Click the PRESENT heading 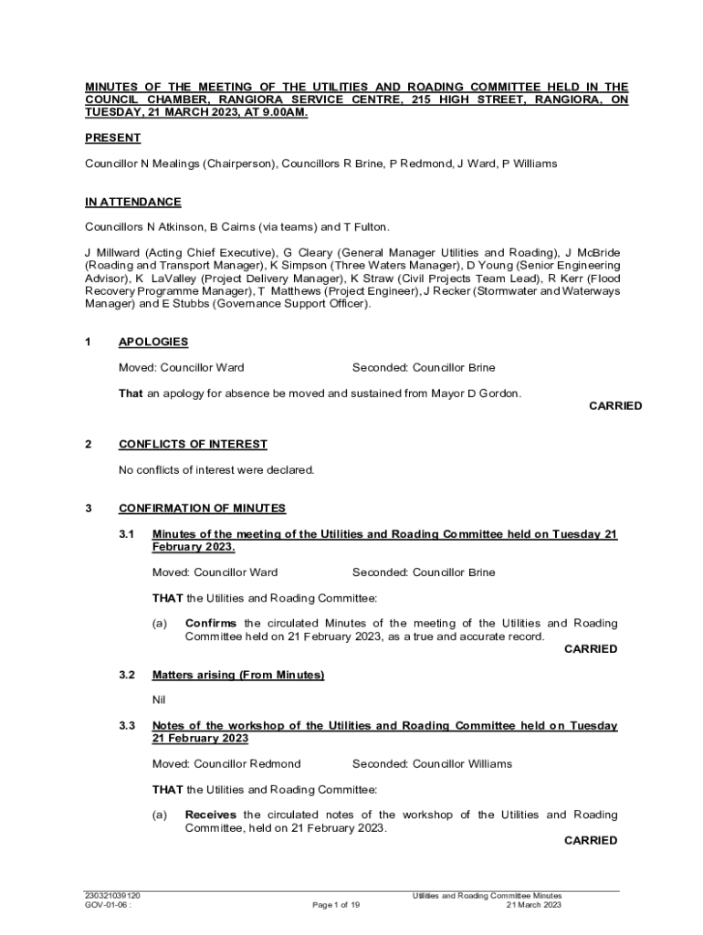point(113,138)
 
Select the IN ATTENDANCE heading point(133,202)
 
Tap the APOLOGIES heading point(153,341)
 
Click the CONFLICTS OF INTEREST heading point(193,444)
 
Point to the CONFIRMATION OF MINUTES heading point(202,508)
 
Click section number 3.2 point(127,675)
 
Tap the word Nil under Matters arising point(159,700)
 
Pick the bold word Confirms point(211,624)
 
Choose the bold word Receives point(211,814)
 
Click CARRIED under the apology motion point(615,405)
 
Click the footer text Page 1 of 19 point(336,905)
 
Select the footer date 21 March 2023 point(534,905)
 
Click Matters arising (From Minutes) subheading point(238,675)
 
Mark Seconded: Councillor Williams point(432,763)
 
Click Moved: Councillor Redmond point(226,763)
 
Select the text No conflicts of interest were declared point(216,470)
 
